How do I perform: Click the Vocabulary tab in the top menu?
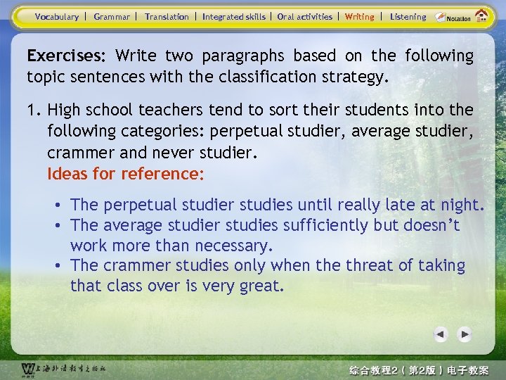click(57, 16)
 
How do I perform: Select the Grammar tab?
click(112, 16)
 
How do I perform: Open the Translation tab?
click(167, 16)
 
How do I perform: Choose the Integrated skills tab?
click(234, 16)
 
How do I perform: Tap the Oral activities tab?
click(305, 16)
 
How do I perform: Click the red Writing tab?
click(360, 16)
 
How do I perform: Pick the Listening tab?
click(408, 16)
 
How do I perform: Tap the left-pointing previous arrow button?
click(441, 334)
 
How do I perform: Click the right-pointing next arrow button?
click(465, 334)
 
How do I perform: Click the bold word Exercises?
click(65, 56)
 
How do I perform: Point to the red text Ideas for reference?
click(126, 173)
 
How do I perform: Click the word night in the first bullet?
click(461, 205)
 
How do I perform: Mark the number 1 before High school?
click(31, 110)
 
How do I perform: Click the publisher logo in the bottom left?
click(28, 369)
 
